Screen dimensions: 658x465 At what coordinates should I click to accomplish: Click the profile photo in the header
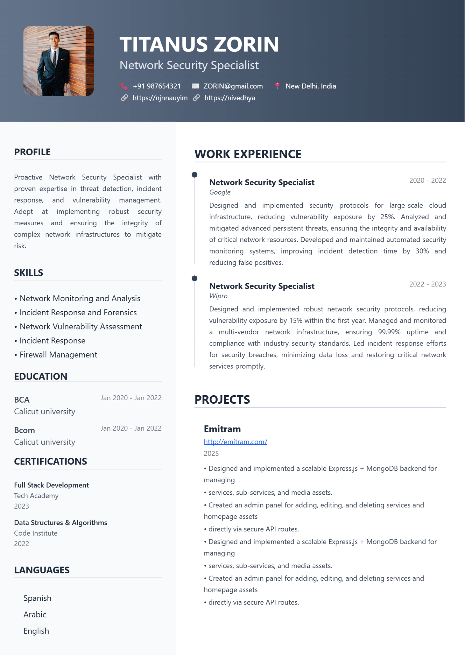point(58,61)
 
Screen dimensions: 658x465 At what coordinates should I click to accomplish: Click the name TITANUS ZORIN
point(199,44)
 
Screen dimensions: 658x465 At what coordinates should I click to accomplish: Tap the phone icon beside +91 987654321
point(124,86)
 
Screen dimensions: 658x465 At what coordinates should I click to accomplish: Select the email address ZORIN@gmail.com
point(233,86)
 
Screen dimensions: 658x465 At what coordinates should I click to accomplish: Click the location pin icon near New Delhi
point(277,86)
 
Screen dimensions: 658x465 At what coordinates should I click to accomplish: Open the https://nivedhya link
point(229,98)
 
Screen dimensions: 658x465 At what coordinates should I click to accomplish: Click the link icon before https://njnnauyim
point(124,98)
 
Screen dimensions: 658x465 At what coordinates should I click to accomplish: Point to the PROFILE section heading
point(32,152)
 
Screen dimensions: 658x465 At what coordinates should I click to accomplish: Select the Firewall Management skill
point(58,355)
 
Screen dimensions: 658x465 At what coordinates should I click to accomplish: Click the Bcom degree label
point(25,430)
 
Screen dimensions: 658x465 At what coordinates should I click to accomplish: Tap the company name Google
point(220,192)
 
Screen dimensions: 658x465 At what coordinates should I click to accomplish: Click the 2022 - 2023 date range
point(427,284)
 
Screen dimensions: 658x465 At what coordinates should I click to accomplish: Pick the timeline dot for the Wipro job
point(195,278)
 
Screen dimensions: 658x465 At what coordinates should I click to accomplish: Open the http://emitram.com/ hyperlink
point(235,442)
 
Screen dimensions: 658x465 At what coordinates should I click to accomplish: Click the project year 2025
point(211,453)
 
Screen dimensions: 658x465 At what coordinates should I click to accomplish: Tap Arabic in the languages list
point(35,614)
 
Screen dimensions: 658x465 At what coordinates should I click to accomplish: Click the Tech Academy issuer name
point(36,496)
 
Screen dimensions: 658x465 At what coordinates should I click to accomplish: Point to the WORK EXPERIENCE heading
point(248,154)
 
